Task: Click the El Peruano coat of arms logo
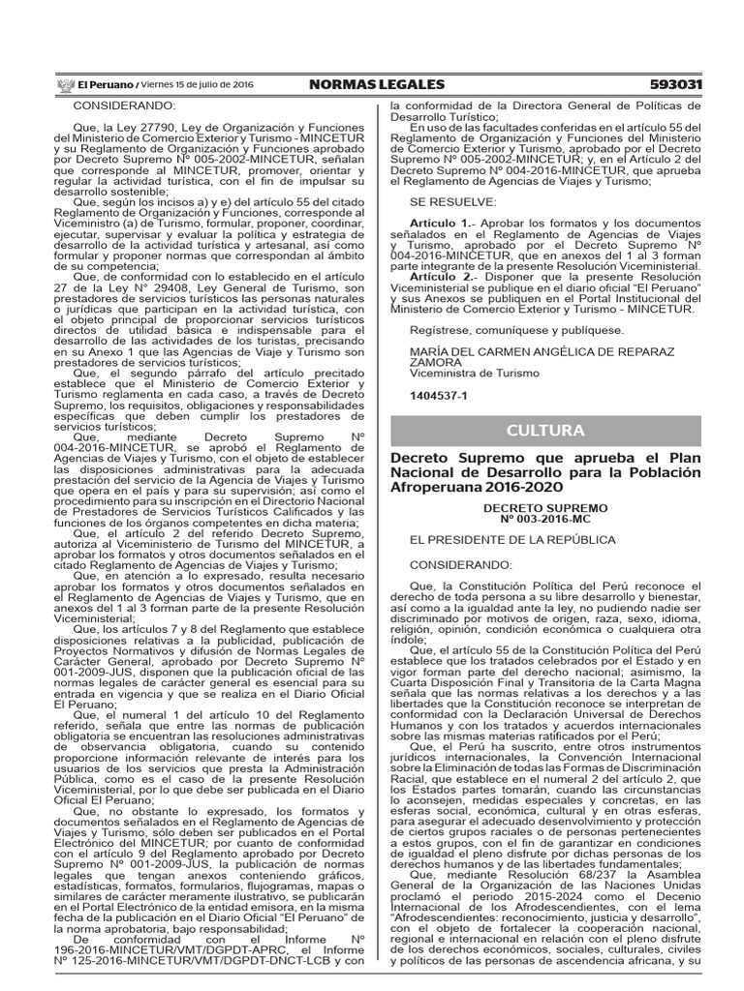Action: (66, 85)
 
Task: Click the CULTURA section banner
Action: (545, 431)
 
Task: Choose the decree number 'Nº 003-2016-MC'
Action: (545, 518)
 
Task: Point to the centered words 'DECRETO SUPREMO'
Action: (545, 506)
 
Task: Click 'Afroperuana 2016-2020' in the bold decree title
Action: (469, 489)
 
